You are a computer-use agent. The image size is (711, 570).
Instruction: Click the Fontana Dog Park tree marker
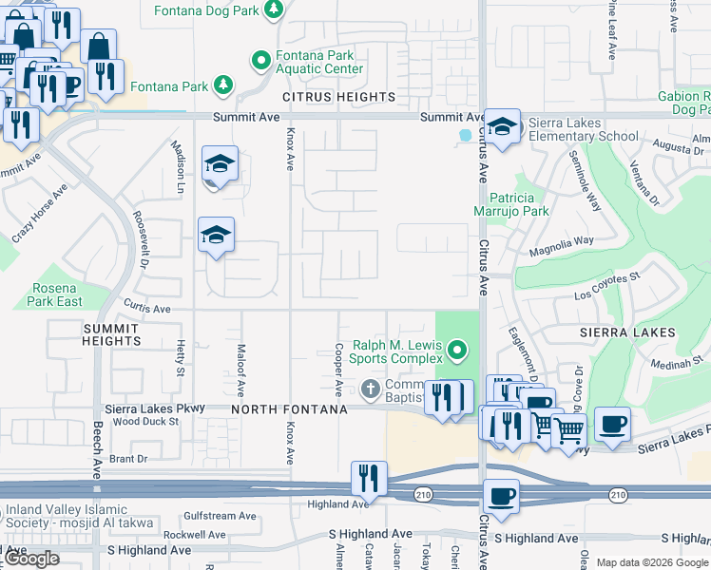pyautogui.click(x=274, y=10)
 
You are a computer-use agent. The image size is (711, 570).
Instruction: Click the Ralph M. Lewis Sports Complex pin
pyautogui.click(x=457, y=351)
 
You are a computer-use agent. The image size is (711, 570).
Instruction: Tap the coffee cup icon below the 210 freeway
pyautogui.click(x=501, y=496)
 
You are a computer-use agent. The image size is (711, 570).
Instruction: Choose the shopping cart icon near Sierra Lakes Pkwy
pyautogui.click(x=568, y=430)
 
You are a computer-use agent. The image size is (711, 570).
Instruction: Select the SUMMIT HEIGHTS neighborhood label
pyautogui.click(x=98, y=333)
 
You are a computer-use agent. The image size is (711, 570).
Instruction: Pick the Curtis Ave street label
pyautogui.click(x=147, y=309)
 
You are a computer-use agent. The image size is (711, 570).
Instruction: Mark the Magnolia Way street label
pyautogui.click(x=563, y=243)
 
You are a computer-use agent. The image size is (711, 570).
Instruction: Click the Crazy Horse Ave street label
pyautogui.click(x=40, y=215)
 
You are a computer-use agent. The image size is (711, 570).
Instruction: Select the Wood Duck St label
pyautogui.click(x=144, y=421)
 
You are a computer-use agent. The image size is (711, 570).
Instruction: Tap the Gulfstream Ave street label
pyautogui.click(x=221, y=517)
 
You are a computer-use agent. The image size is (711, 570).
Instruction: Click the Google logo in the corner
pyautogui.click(x=31, y=559)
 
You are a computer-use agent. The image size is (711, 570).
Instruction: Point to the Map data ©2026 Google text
pyautogui.click(x=652, y=562)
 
